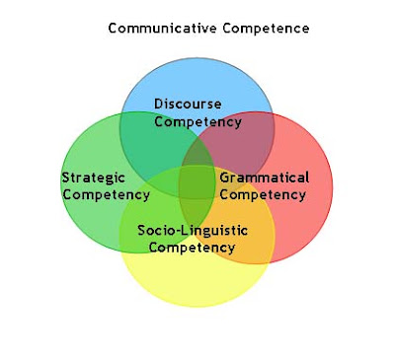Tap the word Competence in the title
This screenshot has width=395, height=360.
266,28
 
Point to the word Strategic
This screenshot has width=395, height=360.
94,178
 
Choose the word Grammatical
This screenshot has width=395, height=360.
264,178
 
